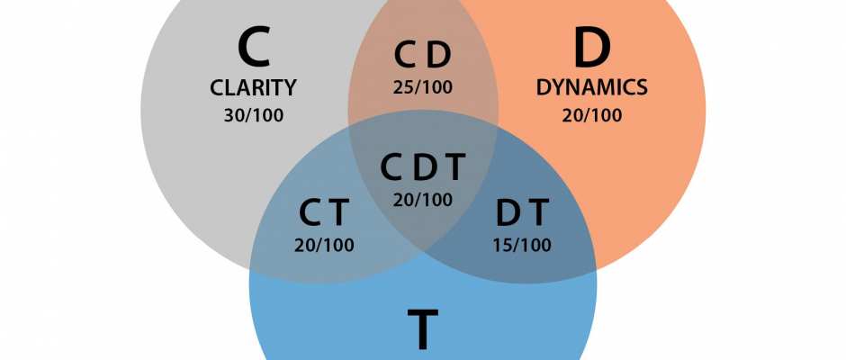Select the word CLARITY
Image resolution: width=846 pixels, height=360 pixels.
tap(253, 88)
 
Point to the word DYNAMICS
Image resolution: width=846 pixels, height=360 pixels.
tap(591, 88)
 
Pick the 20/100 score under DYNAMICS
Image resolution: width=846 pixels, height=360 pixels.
tap(591, 115)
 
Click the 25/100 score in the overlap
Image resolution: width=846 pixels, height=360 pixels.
tap(423, 88)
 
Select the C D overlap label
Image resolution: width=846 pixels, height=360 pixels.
tap(423, 56)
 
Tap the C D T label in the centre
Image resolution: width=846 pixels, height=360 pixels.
tap(423, 167)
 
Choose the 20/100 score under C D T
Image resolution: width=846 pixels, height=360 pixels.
tap(423, 200)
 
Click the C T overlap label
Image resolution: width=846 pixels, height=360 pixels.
tap(324, 212)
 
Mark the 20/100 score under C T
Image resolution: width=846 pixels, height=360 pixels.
tap(324, 245)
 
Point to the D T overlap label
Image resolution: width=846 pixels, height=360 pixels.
tap(522, 212)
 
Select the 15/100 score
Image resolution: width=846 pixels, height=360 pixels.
tap(522, 245)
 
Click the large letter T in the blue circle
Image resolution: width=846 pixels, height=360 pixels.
tap(423, 328)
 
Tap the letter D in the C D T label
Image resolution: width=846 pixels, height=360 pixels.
tap(424, 167)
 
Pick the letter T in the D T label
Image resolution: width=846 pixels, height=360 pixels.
tap(538, 212)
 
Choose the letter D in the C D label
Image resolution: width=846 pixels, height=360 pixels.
tap(438, 56)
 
